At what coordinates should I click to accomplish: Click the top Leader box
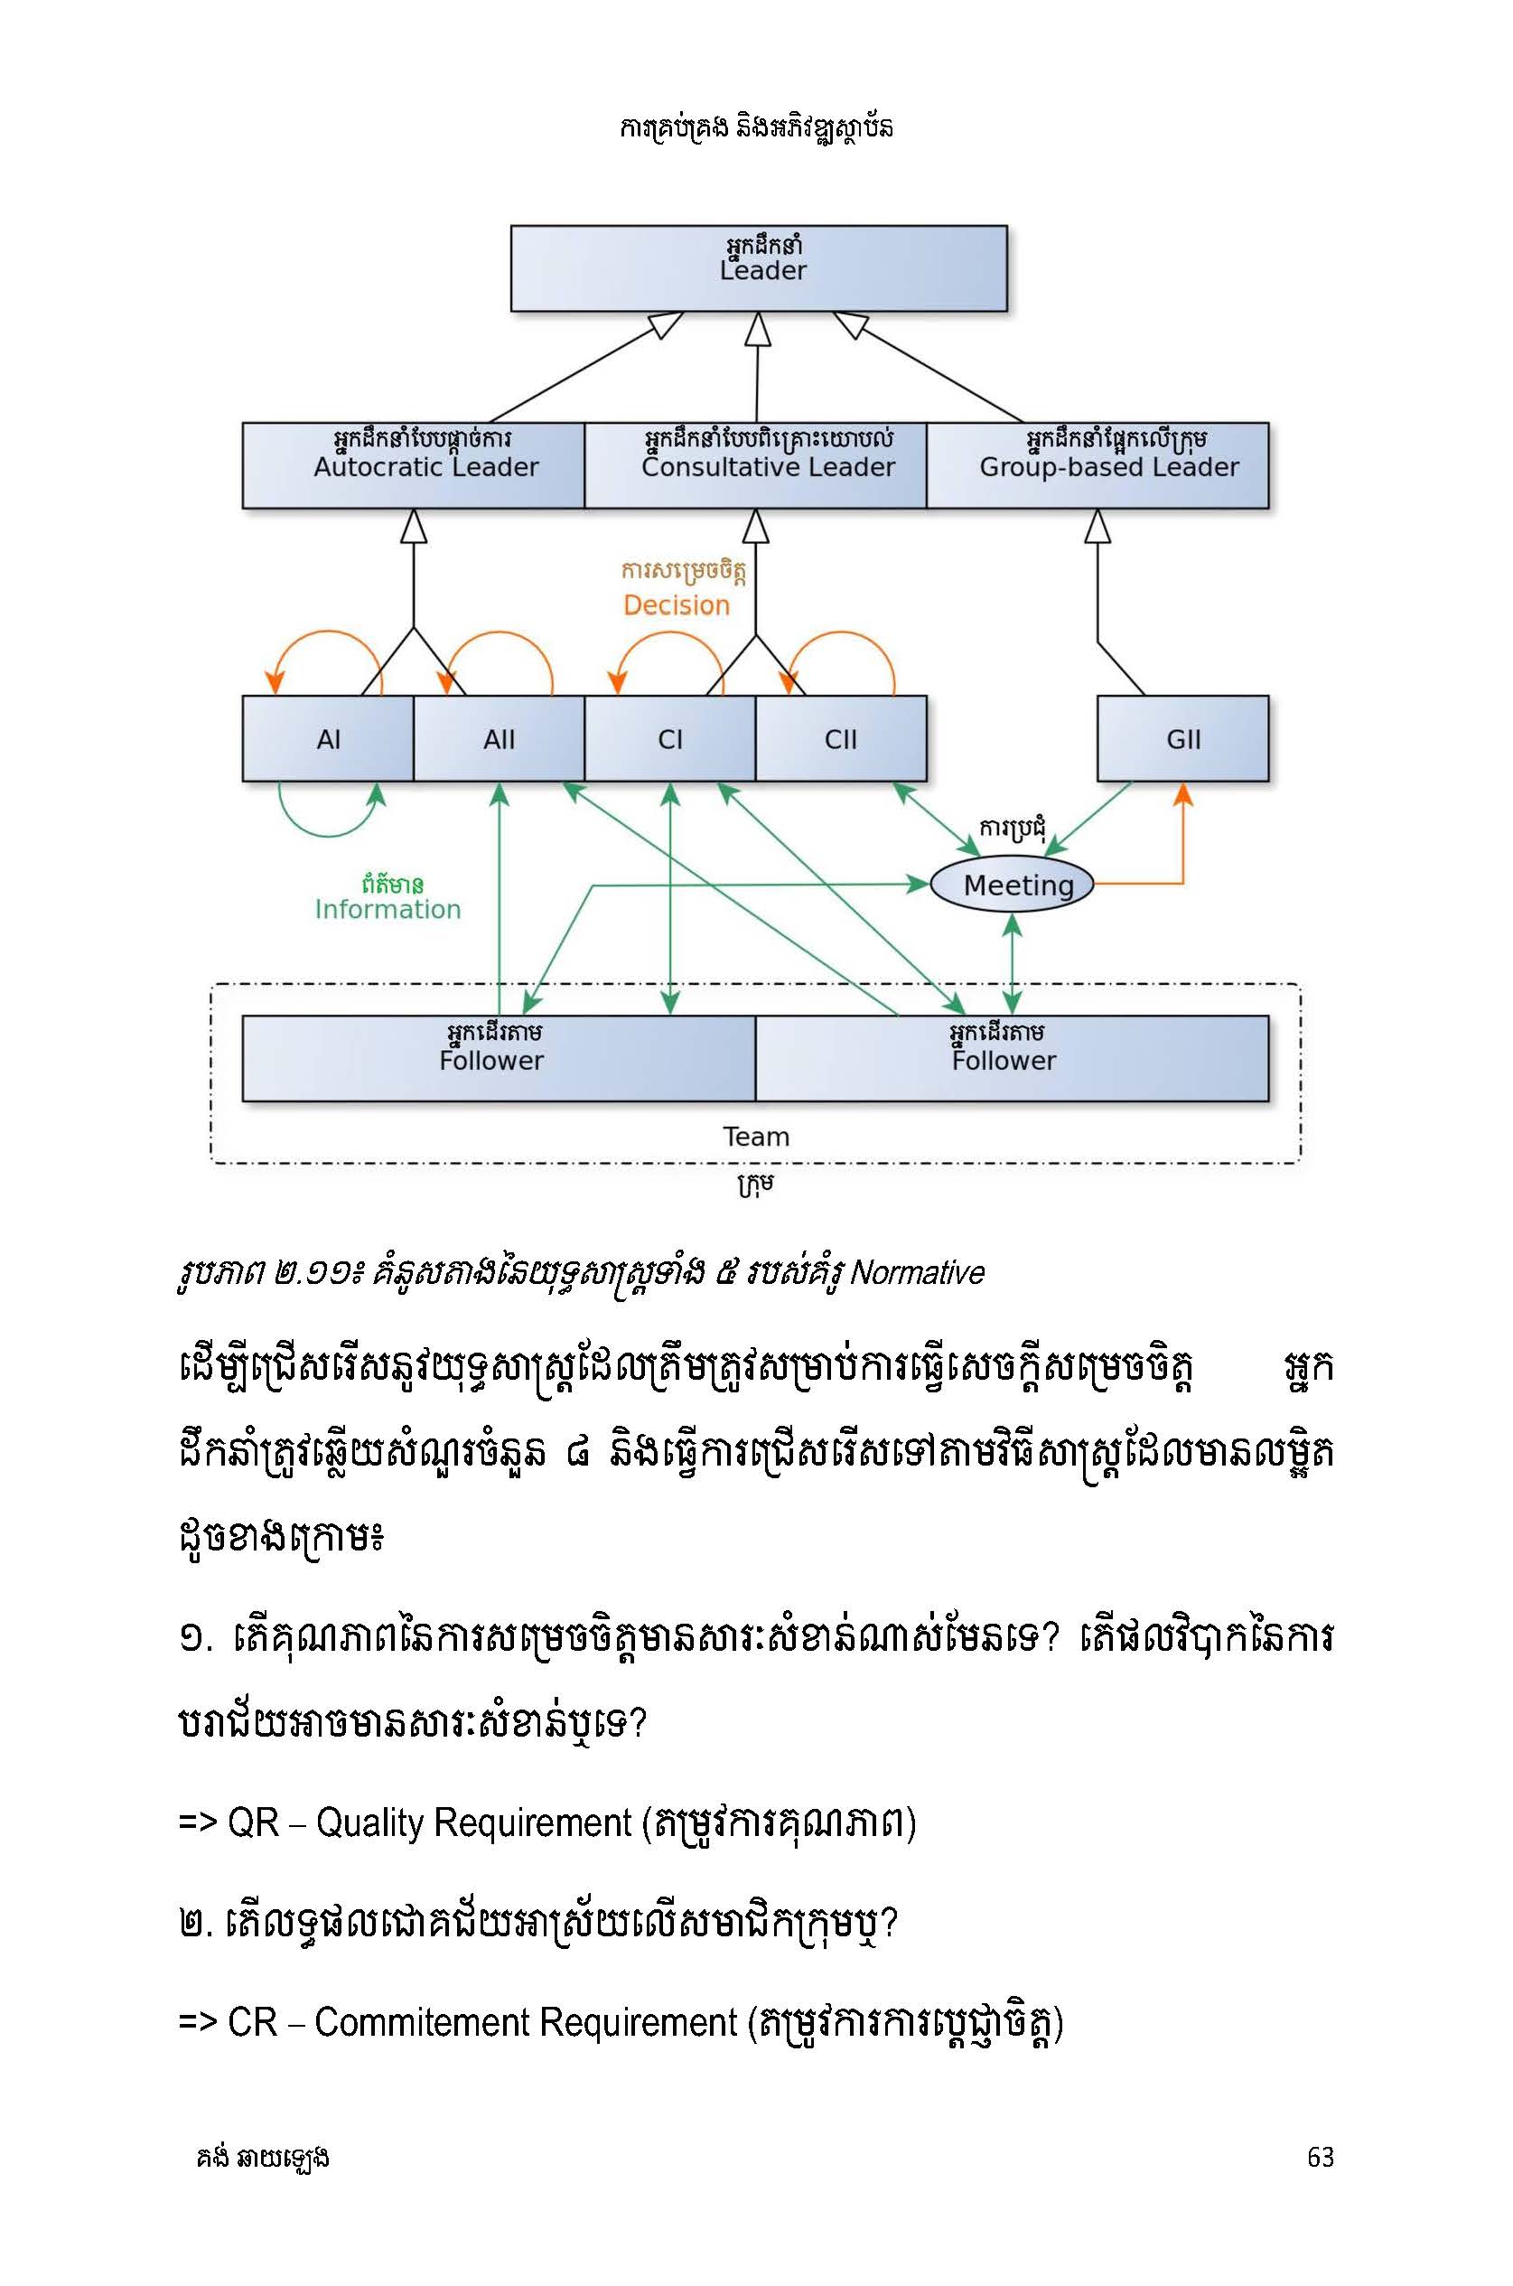759,268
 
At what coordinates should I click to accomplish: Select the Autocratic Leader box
413,465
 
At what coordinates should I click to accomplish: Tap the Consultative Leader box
755,465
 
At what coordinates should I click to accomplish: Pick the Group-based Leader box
1097,465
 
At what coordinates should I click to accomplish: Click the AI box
328,738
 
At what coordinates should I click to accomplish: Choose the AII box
499,738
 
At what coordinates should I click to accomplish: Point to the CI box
669,738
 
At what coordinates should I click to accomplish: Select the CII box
840,738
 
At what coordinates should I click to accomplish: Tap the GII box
1183,738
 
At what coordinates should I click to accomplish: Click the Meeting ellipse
1013,884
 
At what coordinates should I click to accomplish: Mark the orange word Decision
677,605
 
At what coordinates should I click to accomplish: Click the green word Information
388,909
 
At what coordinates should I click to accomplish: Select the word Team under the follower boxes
757,1137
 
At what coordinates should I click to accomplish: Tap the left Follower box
499,1057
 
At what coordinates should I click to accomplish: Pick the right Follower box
1013,1057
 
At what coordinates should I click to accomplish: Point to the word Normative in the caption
917,1273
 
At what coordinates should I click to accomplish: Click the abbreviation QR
253,1822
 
